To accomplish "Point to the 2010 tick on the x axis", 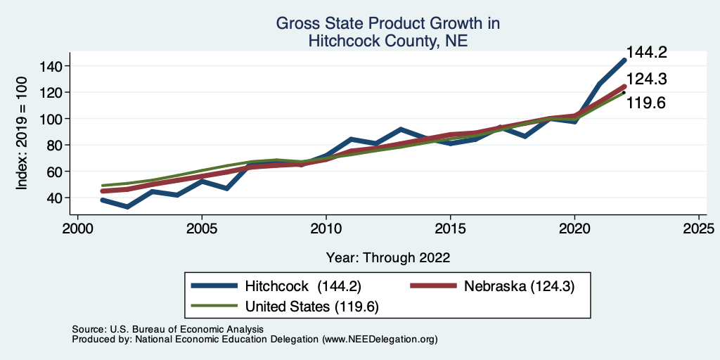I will tap(326, 229).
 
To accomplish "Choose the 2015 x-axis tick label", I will tap(450, 229).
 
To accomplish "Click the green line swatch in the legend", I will tap(214, 306).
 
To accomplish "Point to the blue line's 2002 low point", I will tap(128, 207).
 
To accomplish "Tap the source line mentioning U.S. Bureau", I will tap(167, 329).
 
